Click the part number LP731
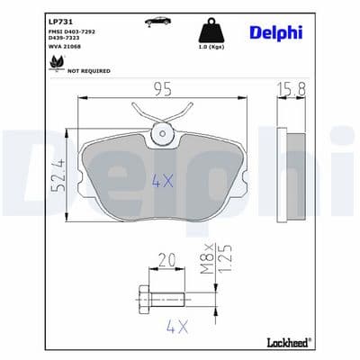[60, 22]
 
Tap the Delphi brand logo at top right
[276, 33]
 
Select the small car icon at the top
[157, 21]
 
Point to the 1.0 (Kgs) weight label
[211, 47]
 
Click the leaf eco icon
[57, 63]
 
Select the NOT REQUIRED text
[89, 71]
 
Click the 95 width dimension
[163, 89]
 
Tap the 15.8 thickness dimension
[292, 89]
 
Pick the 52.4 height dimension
[58, 175]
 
